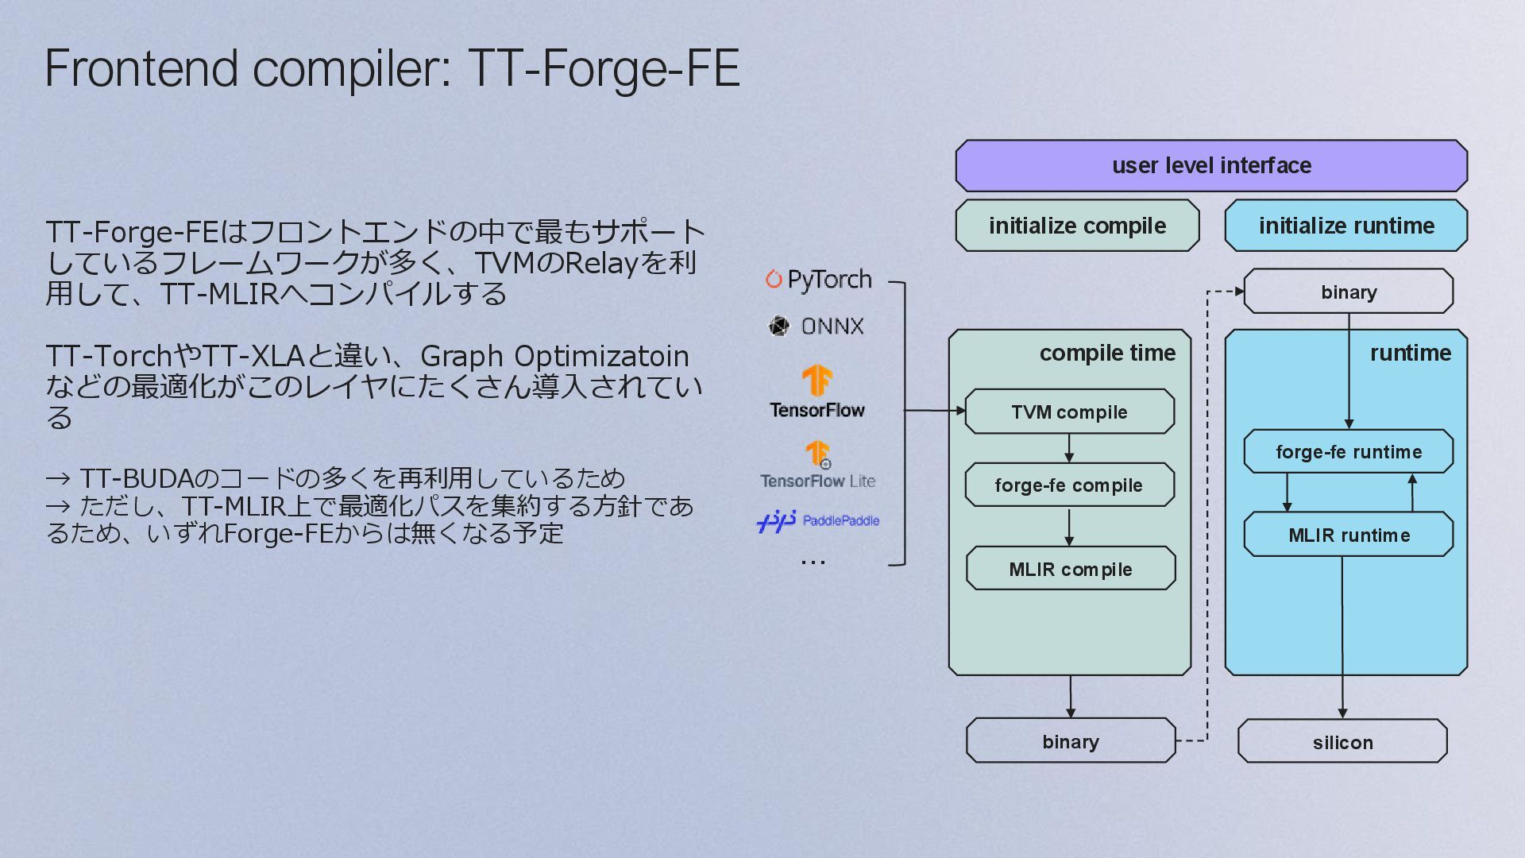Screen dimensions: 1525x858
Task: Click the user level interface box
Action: [x=1211, y=165]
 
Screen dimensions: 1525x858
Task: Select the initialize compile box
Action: [x=1077, y=226]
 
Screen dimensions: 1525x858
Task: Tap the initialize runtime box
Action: [x=1346, y=226]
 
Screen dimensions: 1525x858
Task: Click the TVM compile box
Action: [x=1069, y=412]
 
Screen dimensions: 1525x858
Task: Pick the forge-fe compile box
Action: [x=1069, y=485]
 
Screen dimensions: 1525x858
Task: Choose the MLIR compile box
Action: [x=1071, y=569]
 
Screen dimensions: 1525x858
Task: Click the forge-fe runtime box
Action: [x=1349, y=451]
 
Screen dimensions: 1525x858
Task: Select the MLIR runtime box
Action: [x=1349, y=535]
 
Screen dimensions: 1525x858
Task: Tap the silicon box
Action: [x=1342, y=742]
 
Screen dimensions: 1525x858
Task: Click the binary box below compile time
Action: [x=1071, y=741]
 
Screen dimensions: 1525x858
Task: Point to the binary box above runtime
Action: [x=1349, y=292]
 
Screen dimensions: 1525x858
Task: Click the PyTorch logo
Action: [x=818, y=280]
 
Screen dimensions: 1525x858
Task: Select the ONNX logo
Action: [x=817, y=326]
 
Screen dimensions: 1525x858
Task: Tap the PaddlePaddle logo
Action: [x=818, y=521]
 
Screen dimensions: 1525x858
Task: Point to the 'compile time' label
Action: [x=1107, y=353]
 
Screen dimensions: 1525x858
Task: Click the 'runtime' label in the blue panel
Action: [x=1411, y=353]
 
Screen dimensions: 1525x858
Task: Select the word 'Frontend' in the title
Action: [x=141, y=68]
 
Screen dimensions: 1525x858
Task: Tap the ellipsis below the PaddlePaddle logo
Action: [x=813, y=562]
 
